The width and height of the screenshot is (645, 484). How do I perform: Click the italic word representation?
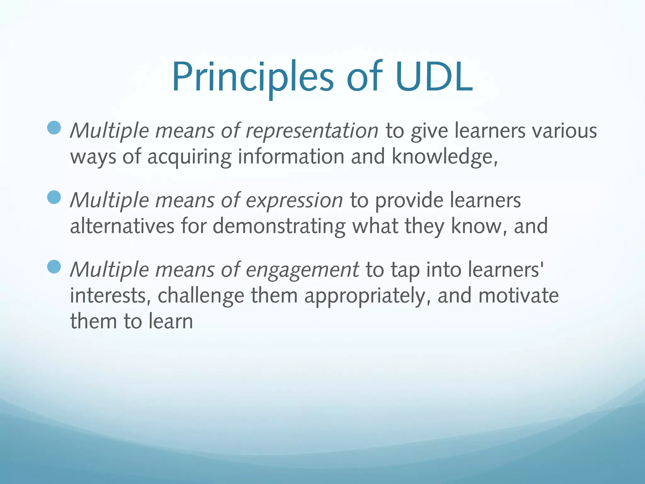pyautogui.click(x=312, y=131)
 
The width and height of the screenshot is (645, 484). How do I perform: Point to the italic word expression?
pyautogui.click(x=294, y=200)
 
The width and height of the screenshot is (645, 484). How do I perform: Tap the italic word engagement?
pyautogui.click(x=302, y=270)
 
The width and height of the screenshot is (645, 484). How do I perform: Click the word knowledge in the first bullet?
pyautogui.click(x=444, y=157)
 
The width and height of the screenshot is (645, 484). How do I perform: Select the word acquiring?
pyautogui.click(x=189, y=157)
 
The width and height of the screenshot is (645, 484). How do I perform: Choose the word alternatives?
pyautogui.click(x=122, y=226)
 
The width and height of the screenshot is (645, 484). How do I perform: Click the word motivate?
pyautogui.click(x=518, y=296)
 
